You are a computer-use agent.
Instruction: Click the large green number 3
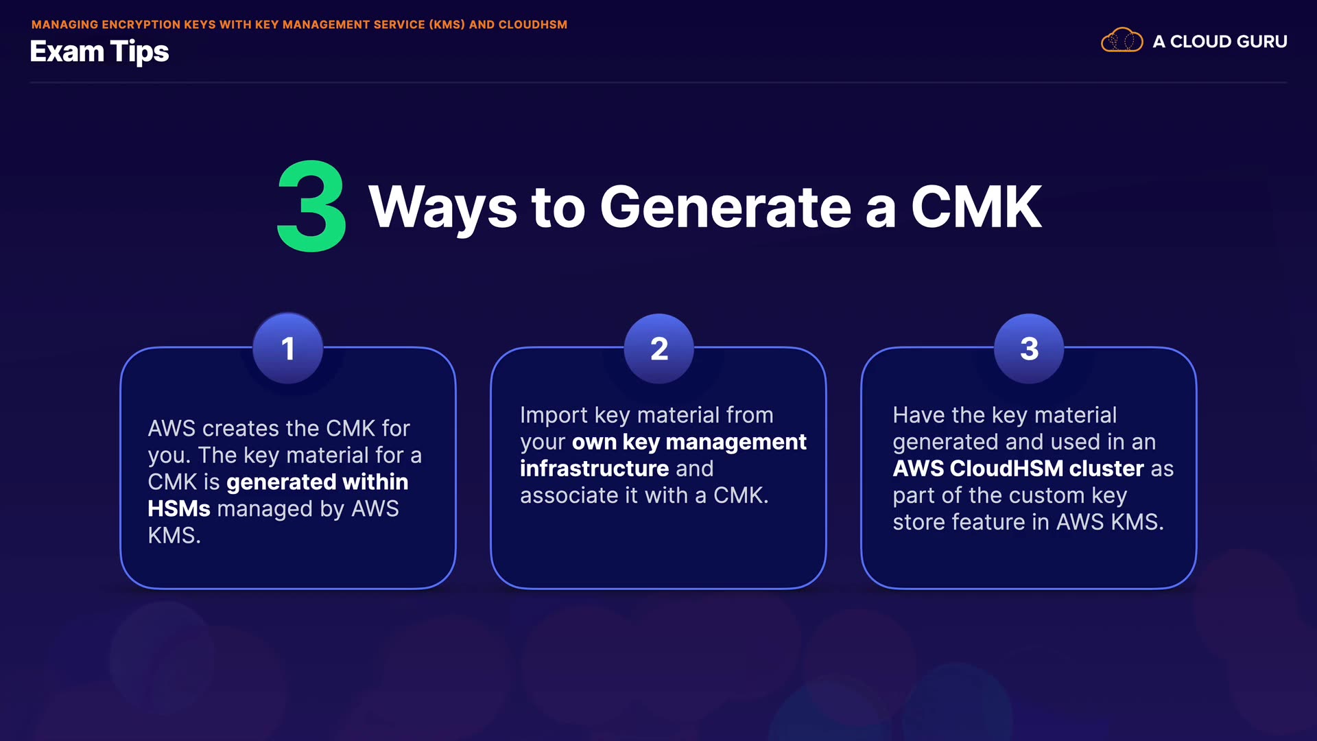click(311, 207)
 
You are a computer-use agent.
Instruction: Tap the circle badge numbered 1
click(288, 349)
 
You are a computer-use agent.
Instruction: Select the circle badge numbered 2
click(658, 349)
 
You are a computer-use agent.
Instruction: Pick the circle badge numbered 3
click(1029, 349)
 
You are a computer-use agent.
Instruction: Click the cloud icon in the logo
click(1122, 40)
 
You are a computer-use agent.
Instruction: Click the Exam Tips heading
click(99, 52)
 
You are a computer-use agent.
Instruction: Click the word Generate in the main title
click(725, 207)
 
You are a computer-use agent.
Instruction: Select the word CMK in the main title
click(975, 207)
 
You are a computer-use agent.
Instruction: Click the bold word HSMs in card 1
click(179, 509)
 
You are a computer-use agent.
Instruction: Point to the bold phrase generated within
click(317, 482)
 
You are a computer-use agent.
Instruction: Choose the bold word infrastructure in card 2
click(594, 469)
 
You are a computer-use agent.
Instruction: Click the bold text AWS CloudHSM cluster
click(1018, 469)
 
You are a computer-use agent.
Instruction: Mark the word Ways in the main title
click(442, 207)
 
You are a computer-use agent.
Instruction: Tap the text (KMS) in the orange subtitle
click(447, 25)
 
